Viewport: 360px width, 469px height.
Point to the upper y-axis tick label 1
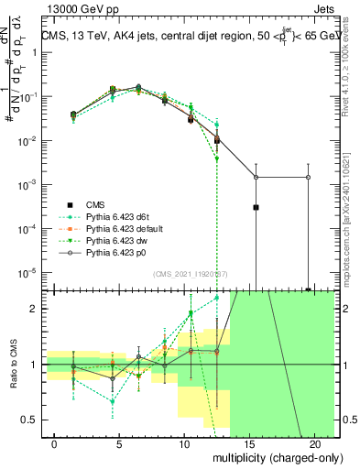[32, 52]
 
